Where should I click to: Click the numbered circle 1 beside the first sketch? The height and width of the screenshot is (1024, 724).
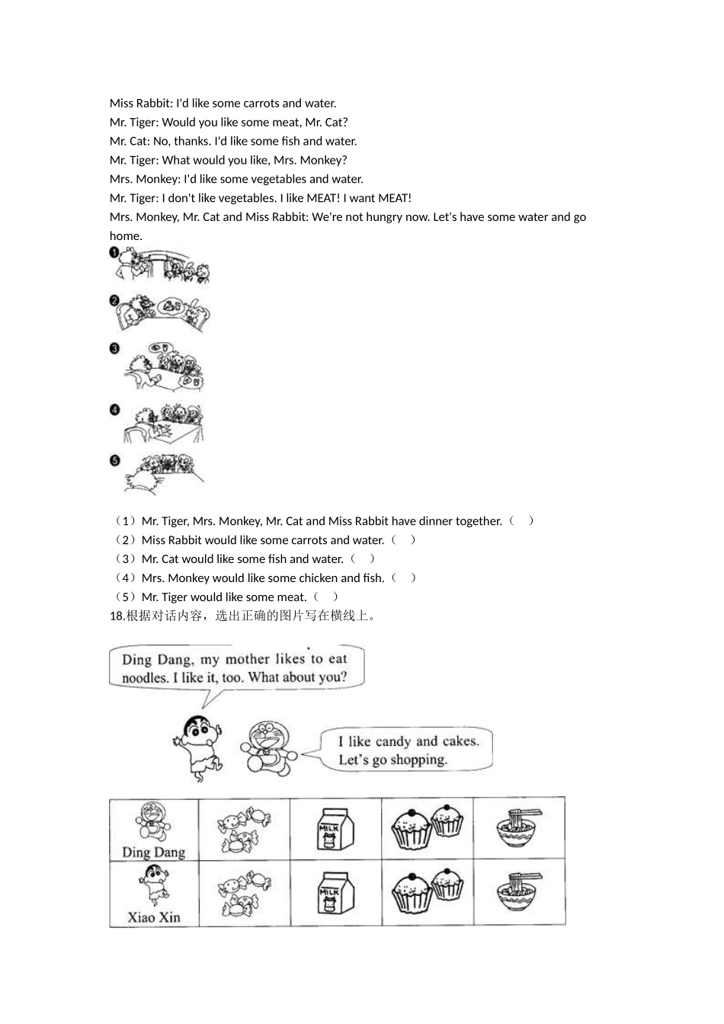click(x=114, y=253)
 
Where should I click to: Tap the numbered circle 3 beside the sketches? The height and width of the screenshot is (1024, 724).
click(x=114, y=349)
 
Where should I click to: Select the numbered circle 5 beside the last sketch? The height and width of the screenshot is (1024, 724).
click(x=114, y=460)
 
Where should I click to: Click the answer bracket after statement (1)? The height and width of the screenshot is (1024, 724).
click(x=521, y=521)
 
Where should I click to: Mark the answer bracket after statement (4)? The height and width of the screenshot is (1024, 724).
click(x=403, y=578)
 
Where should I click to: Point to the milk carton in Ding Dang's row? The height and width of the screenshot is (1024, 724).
click(x=335, y=829)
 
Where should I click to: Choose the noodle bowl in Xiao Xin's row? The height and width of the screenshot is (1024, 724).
click(x=519, y=891)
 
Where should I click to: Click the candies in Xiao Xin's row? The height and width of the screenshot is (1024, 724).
click(x=244, y=893)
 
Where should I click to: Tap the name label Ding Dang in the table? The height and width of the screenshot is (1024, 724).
click(x=154, y=852)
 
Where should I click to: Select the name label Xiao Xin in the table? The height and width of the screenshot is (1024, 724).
click(x=154, y=917)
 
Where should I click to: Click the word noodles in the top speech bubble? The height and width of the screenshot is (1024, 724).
click(x=144, y=677)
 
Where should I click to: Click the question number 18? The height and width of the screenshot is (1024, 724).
click(x=117, y=616)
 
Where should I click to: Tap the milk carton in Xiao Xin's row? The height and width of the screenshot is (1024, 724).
click(x=335, y=893)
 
